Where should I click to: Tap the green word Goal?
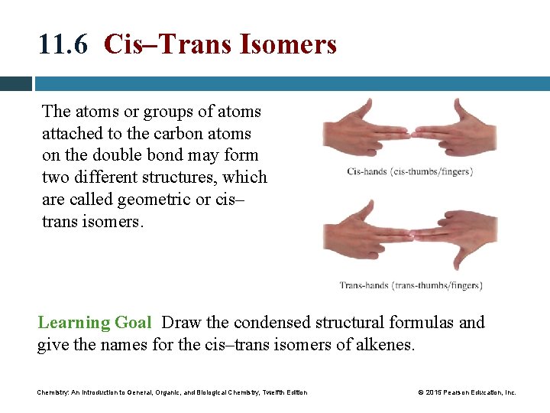point(134,323)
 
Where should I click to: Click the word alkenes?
point(385,345)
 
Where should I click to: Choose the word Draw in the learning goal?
point(181,323)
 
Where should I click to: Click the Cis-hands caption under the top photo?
point(409,171)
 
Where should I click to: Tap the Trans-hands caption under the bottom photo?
point(411,285)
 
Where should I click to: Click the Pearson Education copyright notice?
point(467,392)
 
